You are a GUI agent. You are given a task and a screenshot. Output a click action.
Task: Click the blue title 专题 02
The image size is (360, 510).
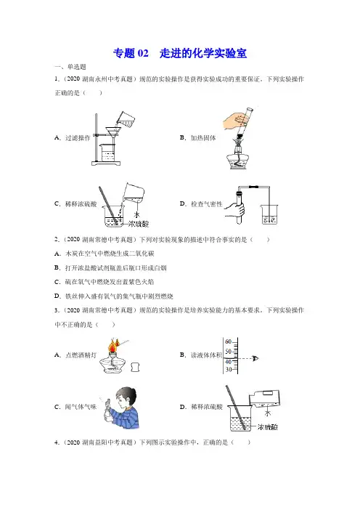pos(131,53)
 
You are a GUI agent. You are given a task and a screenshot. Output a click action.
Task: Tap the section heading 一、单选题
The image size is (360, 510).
pos(70,67)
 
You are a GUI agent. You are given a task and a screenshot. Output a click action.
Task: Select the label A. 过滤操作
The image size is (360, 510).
pos(72,138)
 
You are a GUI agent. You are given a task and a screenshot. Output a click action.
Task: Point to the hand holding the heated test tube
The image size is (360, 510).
pos(236,121)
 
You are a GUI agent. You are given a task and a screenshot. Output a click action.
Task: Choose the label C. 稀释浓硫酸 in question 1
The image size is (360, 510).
pos(75,204)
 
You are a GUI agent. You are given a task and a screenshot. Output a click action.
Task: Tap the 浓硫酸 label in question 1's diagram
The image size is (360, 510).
pos(138,224)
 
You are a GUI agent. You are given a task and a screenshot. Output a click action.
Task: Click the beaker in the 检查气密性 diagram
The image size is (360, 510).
pos(270,214)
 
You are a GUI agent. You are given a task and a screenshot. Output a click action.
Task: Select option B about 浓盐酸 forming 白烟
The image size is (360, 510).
pos(110,267)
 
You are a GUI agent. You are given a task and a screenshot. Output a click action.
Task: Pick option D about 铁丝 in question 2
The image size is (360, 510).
pos(114,296)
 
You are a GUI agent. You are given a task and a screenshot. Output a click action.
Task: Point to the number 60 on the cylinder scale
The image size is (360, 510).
pos(228,341)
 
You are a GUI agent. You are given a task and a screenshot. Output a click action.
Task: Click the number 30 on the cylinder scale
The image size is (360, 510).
pos(229,370)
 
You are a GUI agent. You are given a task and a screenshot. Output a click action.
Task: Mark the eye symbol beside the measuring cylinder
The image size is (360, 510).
pos(255,358)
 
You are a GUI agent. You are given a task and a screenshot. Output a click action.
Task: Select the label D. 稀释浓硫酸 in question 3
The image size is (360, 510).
pos(201,407)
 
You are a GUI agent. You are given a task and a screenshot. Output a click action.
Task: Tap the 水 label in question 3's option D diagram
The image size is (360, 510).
pos(268,413)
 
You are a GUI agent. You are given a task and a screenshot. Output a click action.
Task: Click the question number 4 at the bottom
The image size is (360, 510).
pos(57,442)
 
